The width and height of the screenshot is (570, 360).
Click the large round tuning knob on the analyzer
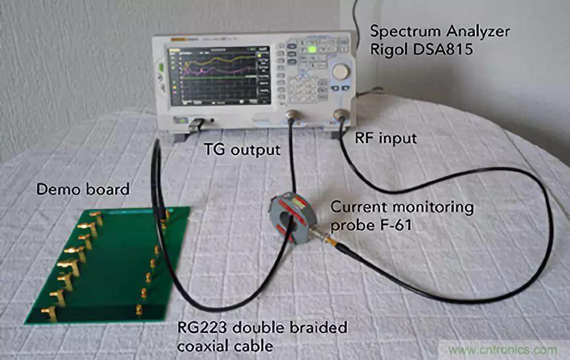point(340,71)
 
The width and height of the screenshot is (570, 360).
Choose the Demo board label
point(82,190)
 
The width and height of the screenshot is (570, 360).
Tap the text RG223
point(203,328)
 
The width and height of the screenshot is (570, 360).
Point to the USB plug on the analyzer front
point(195,123)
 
